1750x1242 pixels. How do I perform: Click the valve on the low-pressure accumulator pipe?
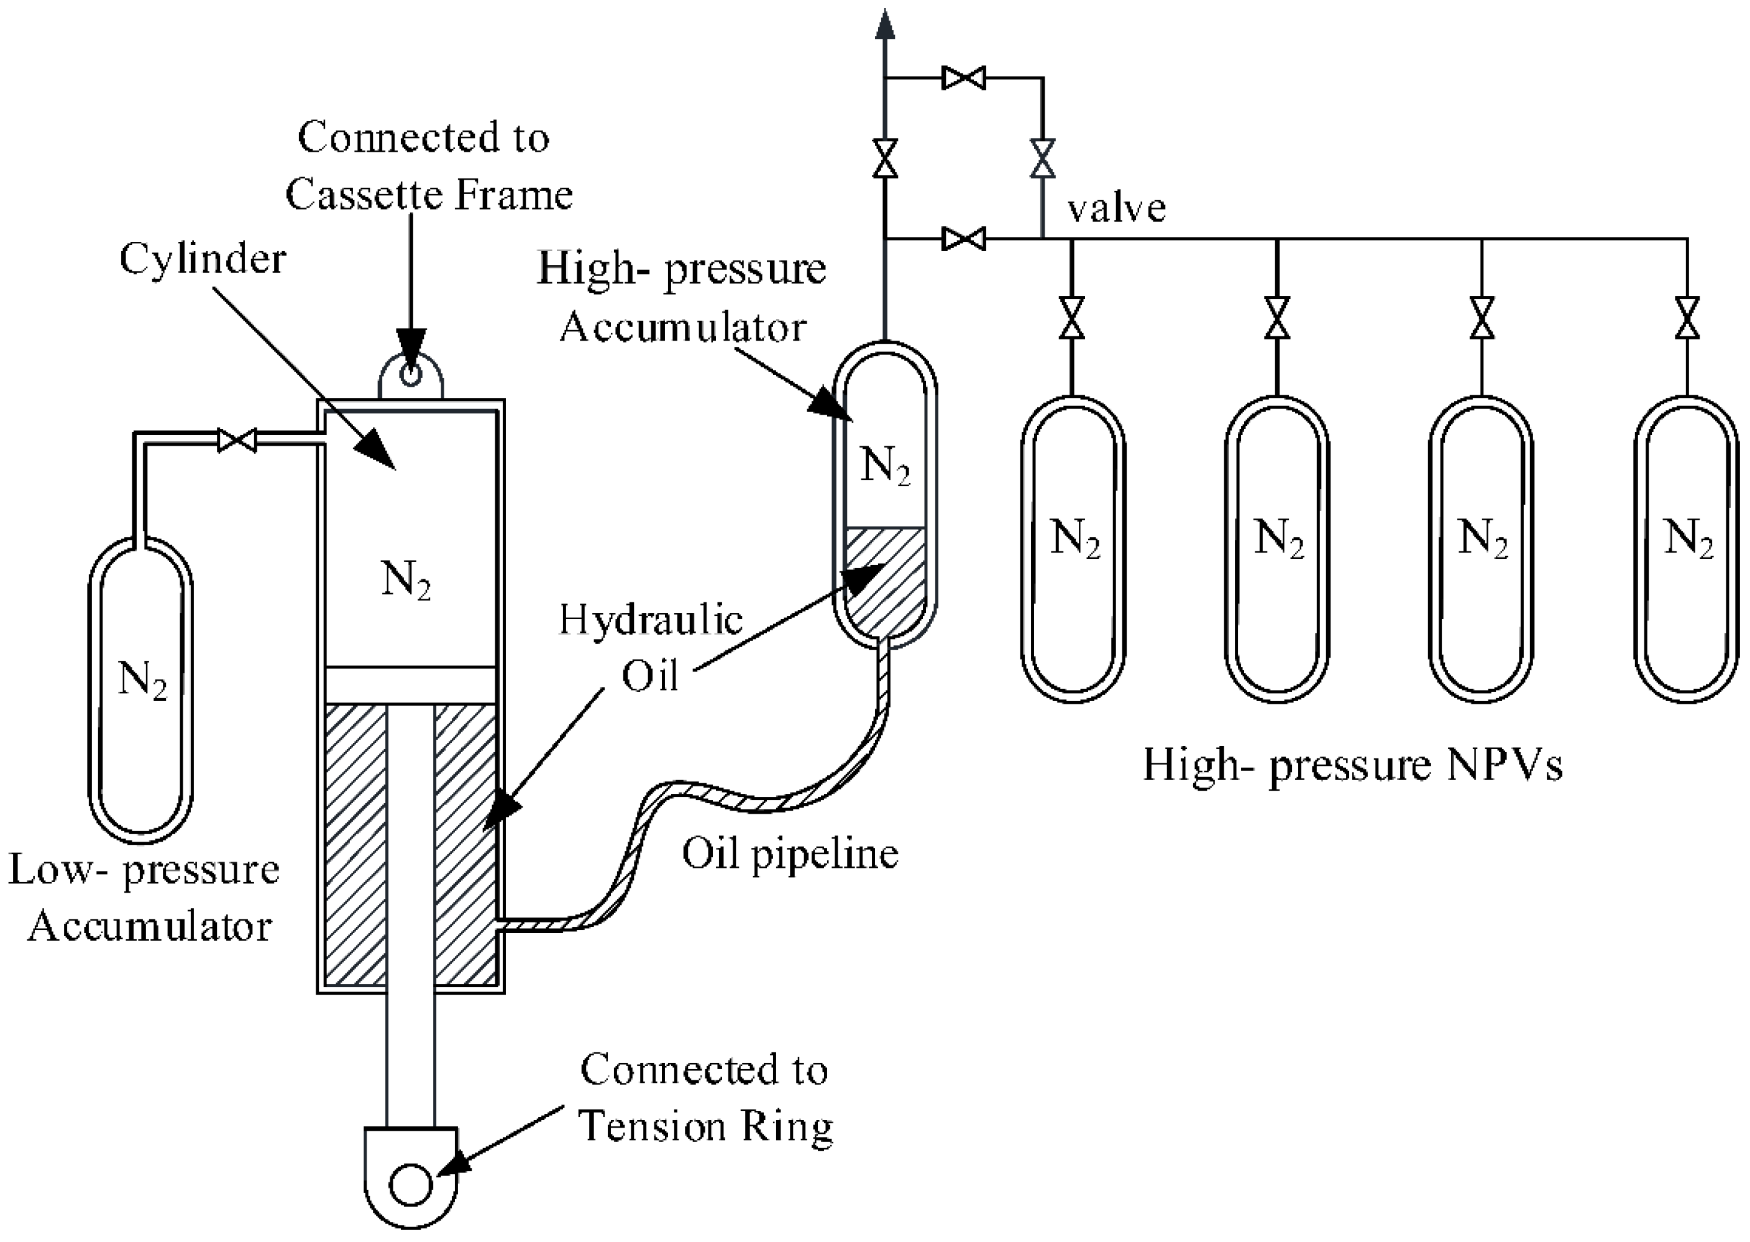[236, 439]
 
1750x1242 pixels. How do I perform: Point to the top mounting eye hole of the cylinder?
[411, 375]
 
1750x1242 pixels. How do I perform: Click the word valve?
[1116, 208]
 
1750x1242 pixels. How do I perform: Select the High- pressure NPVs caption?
[1352, 765]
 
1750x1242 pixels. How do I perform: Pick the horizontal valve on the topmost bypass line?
[963, 78]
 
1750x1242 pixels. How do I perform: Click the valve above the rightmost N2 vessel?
[1687, 318]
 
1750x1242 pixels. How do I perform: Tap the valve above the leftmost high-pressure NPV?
[1072, 318]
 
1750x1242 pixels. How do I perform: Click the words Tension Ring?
[705, 1127]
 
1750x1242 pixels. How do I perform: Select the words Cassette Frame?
[429, 195]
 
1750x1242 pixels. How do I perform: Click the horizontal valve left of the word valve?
[963, 239]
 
